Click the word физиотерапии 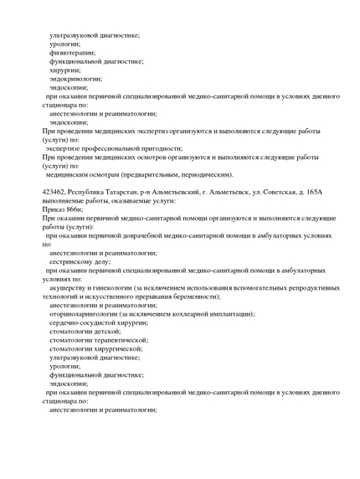(72, 52)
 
